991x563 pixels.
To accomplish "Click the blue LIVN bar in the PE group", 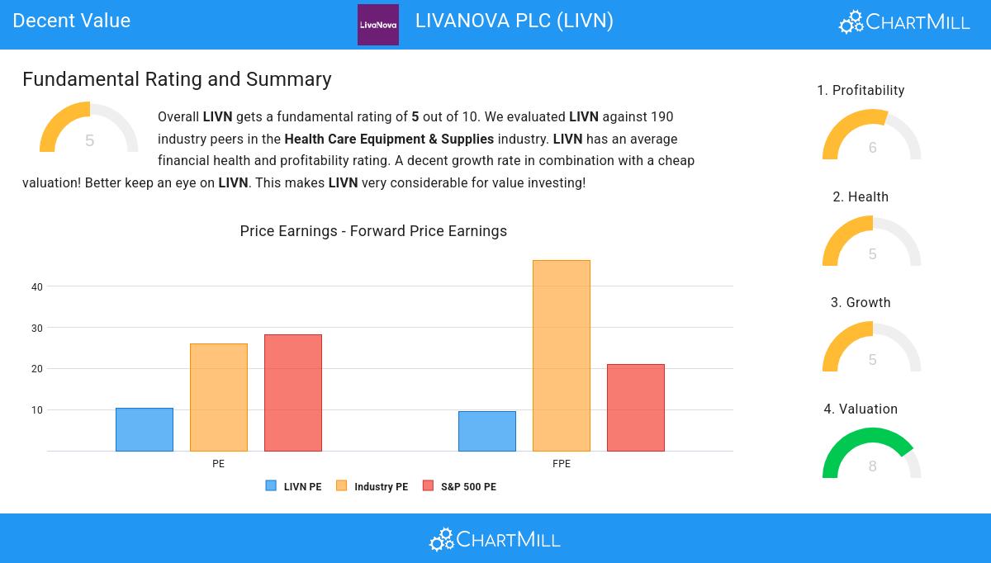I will tap(145, 429).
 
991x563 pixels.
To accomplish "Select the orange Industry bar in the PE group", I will tap(219, 397).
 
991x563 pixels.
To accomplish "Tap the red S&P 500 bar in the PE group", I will tap(293, 393).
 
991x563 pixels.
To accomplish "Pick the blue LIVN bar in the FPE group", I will tap(487, 431).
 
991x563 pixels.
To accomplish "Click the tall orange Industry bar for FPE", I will tap(562, 356).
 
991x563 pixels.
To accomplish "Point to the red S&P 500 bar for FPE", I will tap(636, 408).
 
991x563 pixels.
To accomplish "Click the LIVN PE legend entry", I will tap(294, 486).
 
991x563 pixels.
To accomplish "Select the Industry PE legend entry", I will tap(372, 486).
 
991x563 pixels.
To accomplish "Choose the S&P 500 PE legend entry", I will tap(460, 486).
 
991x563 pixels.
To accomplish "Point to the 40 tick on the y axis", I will tap(37, 286).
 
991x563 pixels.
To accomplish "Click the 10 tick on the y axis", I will tap(37, 409).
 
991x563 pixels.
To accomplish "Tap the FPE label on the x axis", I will tap(562, 464).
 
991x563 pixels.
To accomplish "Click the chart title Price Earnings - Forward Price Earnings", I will tap(373, 231).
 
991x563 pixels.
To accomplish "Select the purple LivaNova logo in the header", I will tap(378, 25).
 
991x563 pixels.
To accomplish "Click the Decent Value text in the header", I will tap(72, 21).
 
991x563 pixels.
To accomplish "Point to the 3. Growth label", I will tap(861, 303).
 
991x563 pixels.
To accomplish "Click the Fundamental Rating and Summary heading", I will tap(177, 79).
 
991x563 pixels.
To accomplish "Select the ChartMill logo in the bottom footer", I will tap(495, 539).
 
